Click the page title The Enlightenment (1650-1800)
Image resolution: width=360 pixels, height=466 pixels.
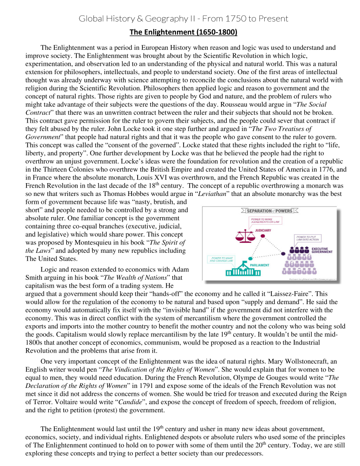[183, 32]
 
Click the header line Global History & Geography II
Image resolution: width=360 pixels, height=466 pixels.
[183, 19]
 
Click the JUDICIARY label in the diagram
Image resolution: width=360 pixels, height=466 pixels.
[262, 230]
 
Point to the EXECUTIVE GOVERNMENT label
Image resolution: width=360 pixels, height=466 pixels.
[322, 250]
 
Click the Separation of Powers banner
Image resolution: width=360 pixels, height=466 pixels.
[269, 210]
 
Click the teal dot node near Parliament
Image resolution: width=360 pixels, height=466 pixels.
[250, 258]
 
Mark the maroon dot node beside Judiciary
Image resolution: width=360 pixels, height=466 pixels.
[263, 236]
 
